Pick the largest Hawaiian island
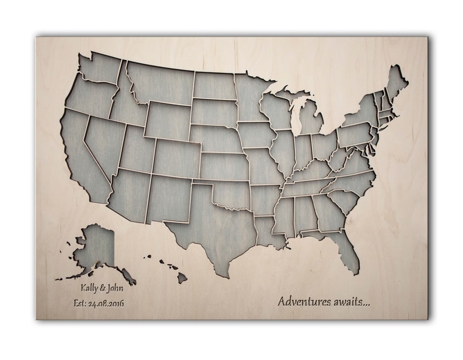tap(182, 278)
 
